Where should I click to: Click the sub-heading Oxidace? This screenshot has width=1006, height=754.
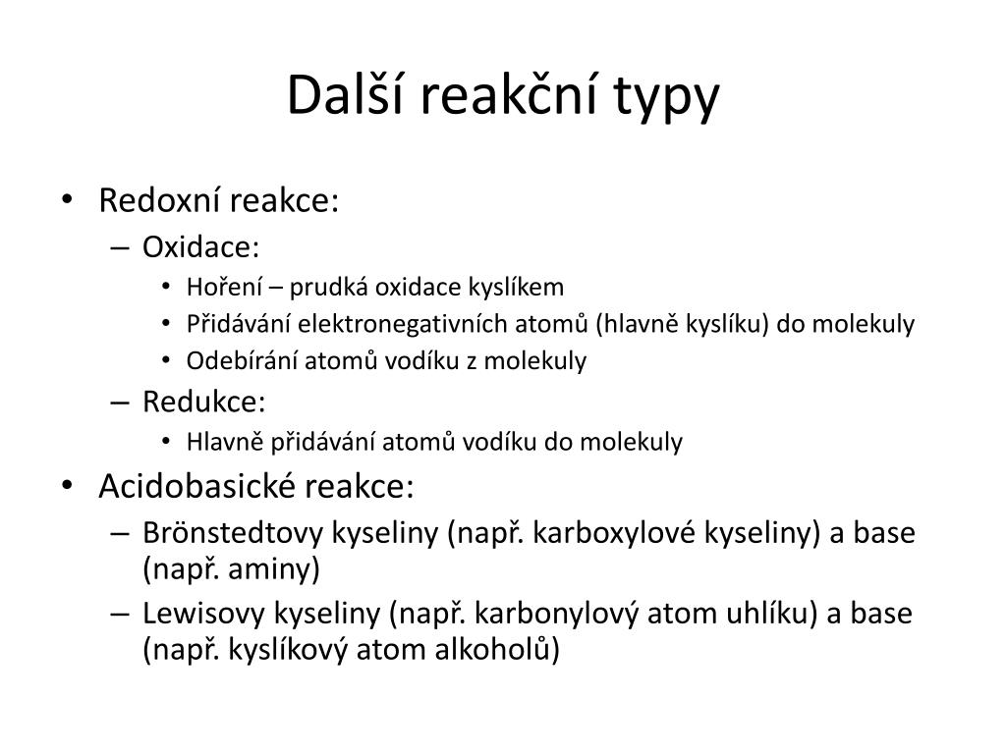(200, 246)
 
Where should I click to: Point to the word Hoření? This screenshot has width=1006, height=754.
(224, 287)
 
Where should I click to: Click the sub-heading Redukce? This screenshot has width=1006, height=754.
(204, 402)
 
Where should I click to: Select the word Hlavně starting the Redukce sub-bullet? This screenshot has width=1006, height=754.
(225, 442)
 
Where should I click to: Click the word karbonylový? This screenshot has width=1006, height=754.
(557, 615)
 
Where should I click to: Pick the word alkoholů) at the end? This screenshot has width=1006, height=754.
(497, 650)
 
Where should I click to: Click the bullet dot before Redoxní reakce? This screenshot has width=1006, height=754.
(68, 200)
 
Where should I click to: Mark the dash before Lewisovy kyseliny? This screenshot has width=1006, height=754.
(120, 615)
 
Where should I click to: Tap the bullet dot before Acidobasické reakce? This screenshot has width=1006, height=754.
(68, 486)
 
